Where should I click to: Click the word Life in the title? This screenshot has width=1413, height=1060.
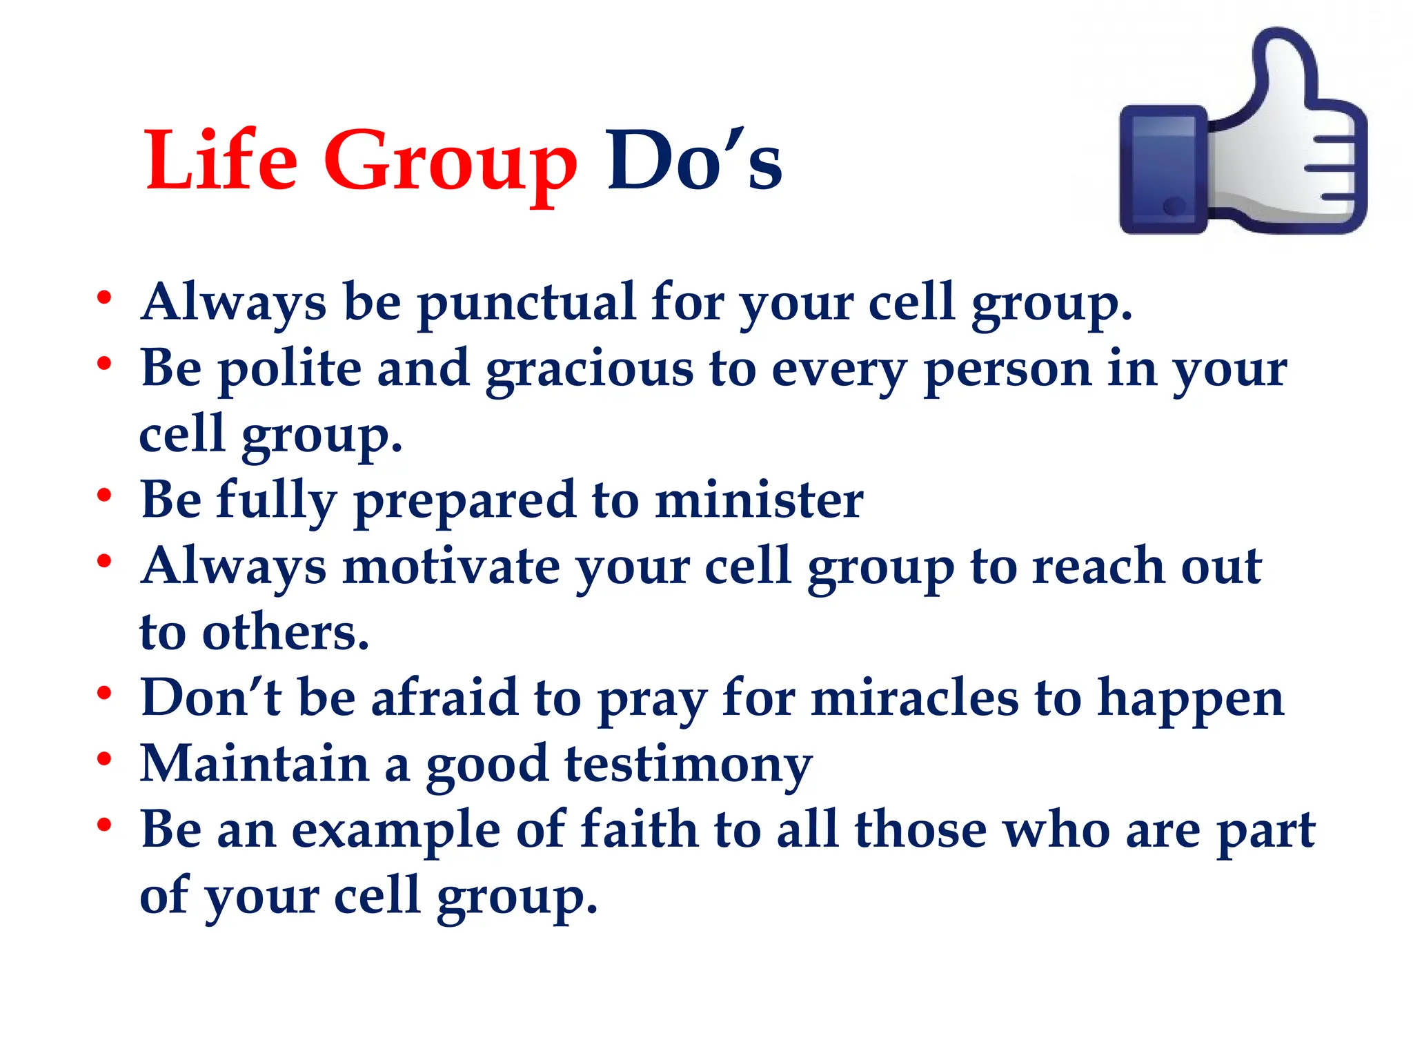221,160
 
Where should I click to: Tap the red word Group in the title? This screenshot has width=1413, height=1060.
450,166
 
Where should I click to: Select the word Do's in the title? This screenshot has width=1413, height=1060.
694,161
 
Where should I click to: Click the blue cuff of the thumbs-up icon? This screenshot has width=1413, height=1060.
1163,170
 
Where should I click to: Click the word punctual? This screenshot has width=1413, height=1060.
526,304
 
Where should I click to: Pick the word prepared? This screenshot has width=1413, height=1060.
464,502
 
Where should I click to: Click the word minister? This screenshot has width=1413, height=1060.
759,500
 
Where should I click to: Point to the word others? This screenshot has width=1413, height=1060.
285,632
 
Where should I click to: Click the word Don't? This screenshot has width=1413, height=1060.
211,697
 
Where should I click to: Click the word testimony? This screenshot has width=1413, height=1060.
688,766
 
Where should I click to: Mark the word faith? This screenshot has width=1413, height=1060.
639,828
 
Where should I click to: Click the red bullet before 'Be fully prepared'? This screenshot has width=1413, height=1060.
104,495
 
